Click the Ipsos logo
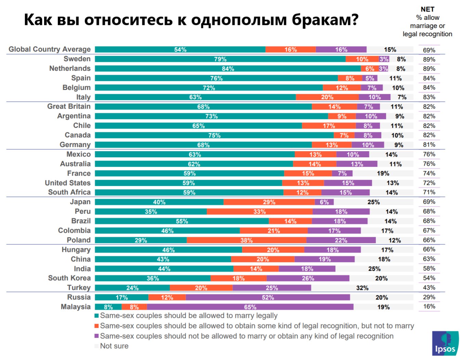pyautogui.click(x=445, y=343)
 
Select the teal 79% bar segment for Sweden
pyautogui.click(x=220, y=59)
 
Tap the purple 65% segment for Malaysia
pyautogui.click(x=250, y=307)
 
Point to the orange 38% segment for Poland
pyautogui.click(x=246, y=240)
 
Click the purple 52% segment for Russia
pyautogui.click(x=268, y=297)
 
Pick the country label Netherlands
pyautogui.click(x=70, y=68)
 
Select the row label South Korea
pyautogui.click(x=69, y=278)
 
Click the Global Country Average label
pyautogui.click(x=50, y=49)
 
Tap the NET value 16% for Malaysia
pyautogui.click(x=429, y=307)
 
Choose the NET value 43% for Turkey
pyautogui.click(x=429, y=288)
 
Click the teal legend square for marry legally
pyautogui.click(x=97, y=316)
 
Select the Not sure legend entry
pyautogui.click(x=114, y=346)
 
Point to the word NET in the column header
pyautogui.click(x=427, y=9)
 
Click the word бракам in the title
pyautogui.click(x=325, y=20)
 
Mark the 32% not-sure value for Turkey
pyautogui.click(x=362, y=288)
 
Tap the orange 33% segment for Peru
pyautogui.click(x=259, y=212)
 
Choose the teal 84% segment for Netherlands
pyautogui.click(x=228, y=69)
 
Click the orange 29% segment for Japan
pyautogui.click(x=269, y=202)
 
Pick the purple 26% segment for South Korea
pyautogui.click(x=308, y=278)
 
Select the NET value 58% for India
pyautogui.click(x=429, y=269)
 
